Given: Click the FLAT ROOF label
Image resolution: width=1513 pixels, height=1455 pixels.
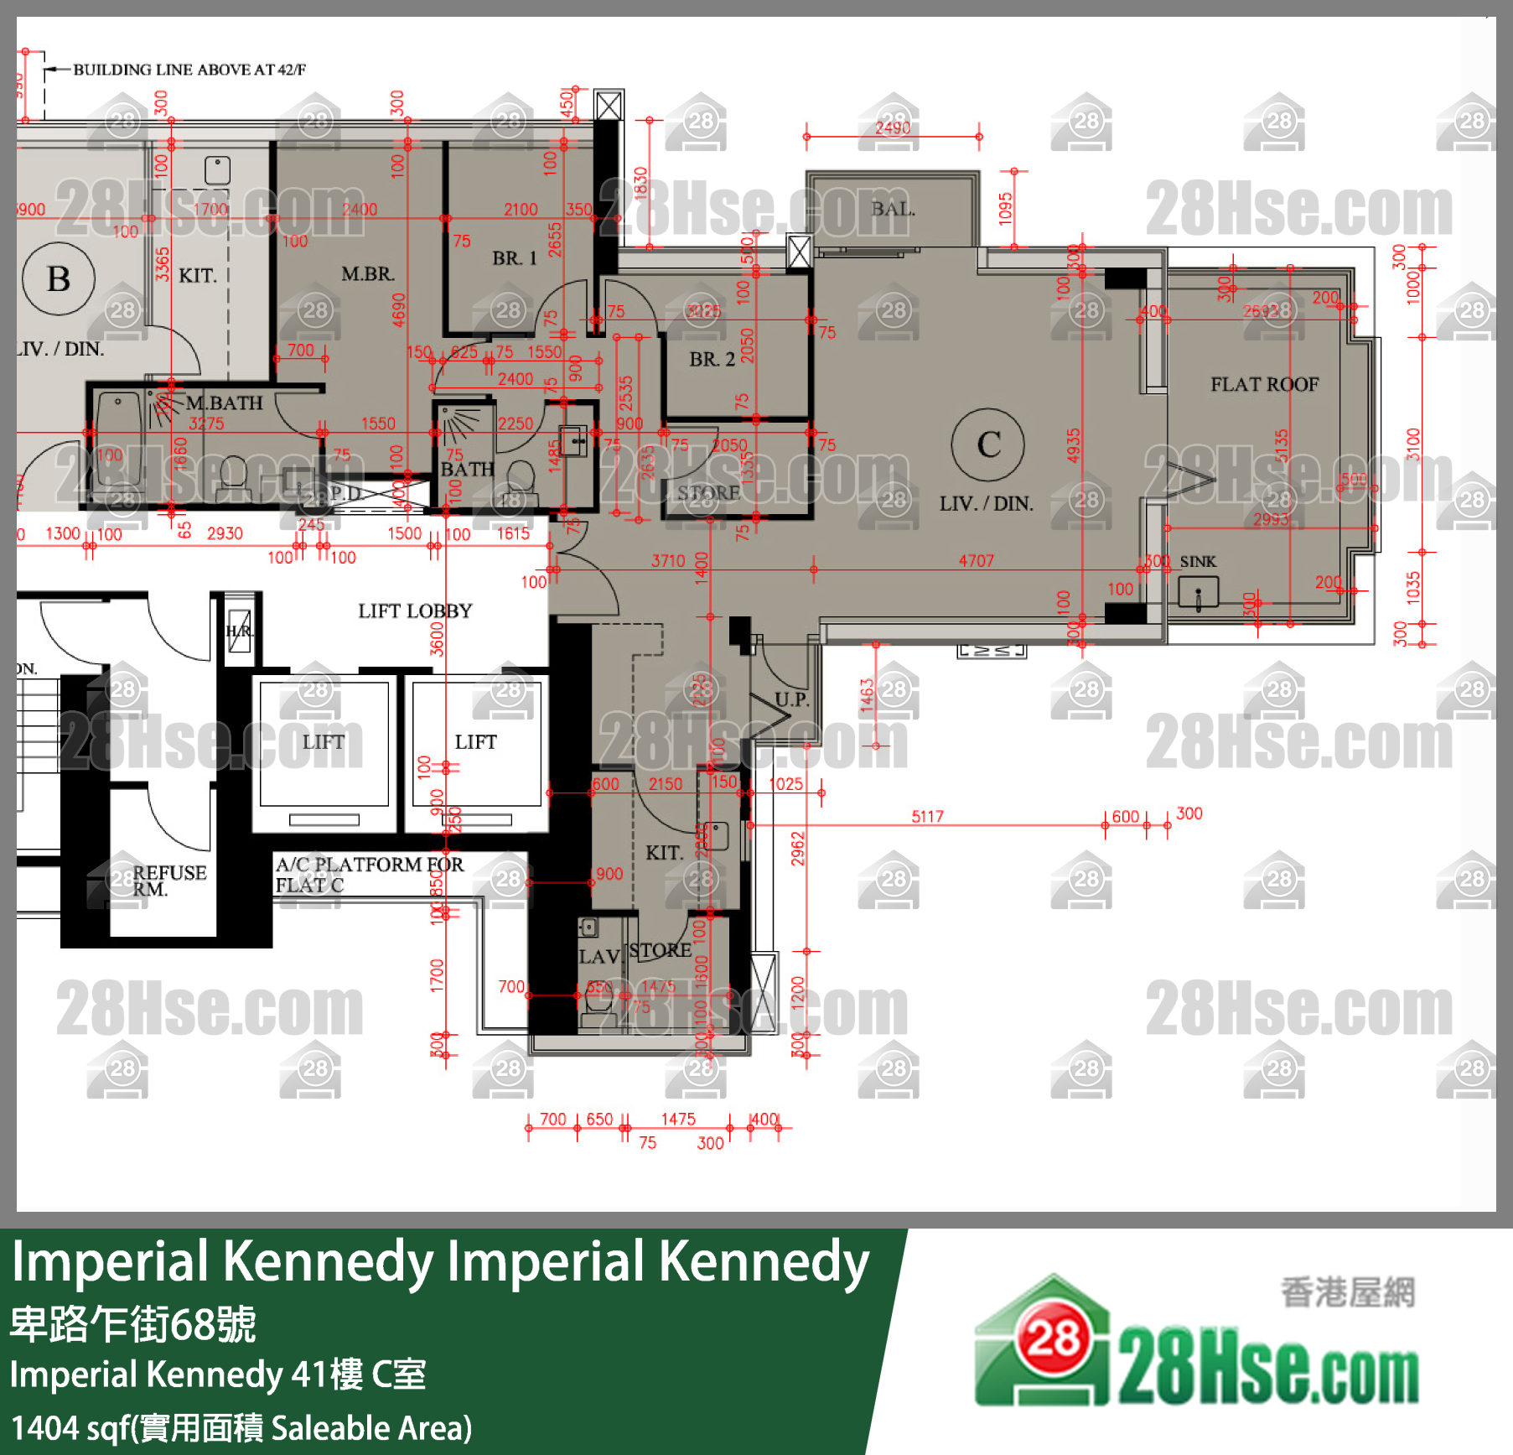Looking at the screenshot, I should pyautogui.click(x=1264, y=384).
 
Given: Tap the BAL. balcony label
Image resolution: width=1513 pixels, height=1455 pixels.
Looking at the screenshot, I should pyautogui.click(x=893, y=209).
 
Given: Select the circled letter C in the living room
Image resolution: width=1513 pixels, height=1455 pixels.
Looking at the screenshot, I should pyautogui.click(x=988, y=444).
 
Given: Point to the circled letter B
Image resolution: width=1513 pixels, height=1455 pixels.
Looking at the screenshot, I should pyautogui.click(x=59, y=278).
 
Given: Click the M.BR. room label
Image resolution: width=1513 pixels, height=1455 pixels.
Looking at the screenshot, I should pyautogui.click(x=367, y=273).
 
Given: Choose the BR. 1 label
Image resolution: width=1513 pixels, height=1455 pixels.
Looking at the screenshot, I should pyautogui.click(x=514, y=258).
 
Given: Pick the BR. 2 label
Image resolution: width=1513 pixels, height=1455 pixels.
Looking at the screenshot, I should pyautogui.click(x=712, y=359).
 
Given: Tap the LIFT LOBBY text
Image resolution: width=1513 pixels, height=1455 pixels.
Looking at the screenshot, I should pyautogui.click(x=415, y=611).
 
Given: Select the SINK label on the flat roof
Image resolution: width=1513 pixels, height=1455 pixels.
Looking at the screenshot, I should pyautogui.click(x=1198, y=561).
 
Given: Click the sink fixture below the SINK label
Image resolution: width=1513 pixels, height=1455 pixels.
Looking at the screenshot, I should pyautogui.click(x=1198, y=593).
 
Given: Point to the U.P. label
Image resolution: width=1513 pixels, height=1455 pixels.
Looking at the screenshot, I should pyautogui.click(x=791, y=699).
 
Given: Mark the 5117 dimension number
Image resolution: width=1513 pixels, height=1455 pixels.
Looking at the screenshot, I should pyautogui.click(x=927, y=816).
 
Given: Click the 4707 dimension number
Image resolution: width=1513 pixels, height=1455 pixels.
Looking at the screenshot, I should pyautogui.click(x=977, y=560).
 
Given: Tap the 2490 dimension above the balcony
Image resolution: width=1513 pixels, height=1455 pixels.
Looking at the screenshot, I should pyautogui.click(x=893, y=127).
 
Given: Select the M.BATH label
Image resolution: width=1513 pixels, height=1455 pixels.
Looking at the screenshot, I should pyautogui.click(x=224, y=403).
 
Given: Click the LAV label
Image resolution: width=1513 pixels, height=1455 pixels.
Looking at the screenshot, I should pyautogui.click(x=598, y=957).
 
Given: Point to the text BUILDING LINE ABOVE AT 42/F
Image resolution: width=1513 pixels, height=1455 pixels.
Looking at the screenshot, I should pyautogui.click(x=189, y=70).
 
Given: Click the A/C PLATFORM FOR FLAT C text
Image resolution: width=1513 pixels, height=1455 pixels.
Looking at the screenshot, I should pyautogui.click(x=369, y=875).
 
